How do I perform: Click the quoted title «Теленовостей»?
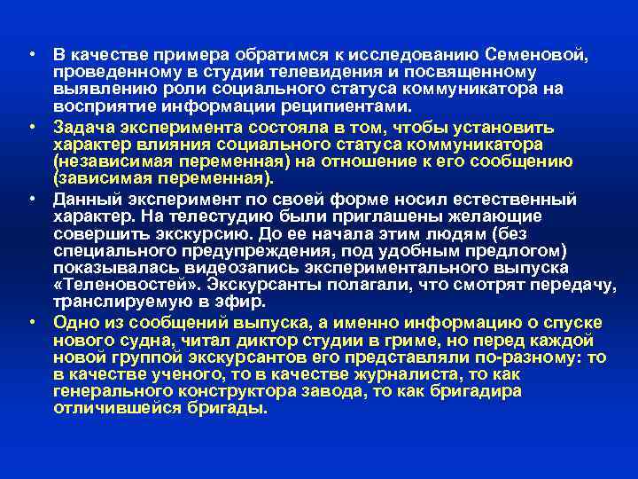119,285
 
